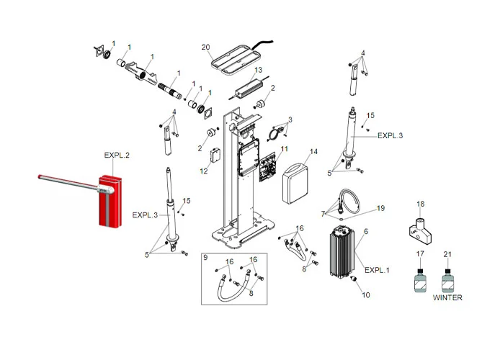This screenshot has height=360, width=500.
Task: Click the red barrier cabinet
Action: click(110, 199)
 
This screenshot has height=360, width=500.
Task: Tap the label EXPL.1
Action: click(377, 270)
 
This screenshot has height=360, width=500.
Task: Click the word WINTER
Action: click(447, 297)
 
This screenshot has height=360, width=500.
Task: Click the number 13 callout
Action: click(258, 71)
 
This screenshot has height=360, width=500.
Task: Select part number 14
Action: click(313, 152)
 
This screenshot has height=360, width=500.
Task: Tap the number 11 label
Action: click(284, 148)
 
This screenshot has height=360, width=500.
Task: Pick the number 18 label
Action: click(421, 204)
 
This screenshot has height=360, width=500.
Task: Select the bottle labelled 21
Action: click(447, 280)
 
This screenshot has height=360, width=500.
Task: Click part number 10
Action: click(365, 295)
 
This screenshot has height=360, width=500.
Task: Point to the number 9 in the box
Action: click(205, 258)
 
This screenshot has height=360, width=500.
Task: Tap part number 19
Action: click(380, 208)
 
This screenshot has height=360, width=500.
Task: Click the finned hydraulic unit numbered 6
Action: click(344, 251)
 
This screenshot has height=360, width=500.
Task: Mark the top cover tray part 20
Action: click(233, 58)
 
